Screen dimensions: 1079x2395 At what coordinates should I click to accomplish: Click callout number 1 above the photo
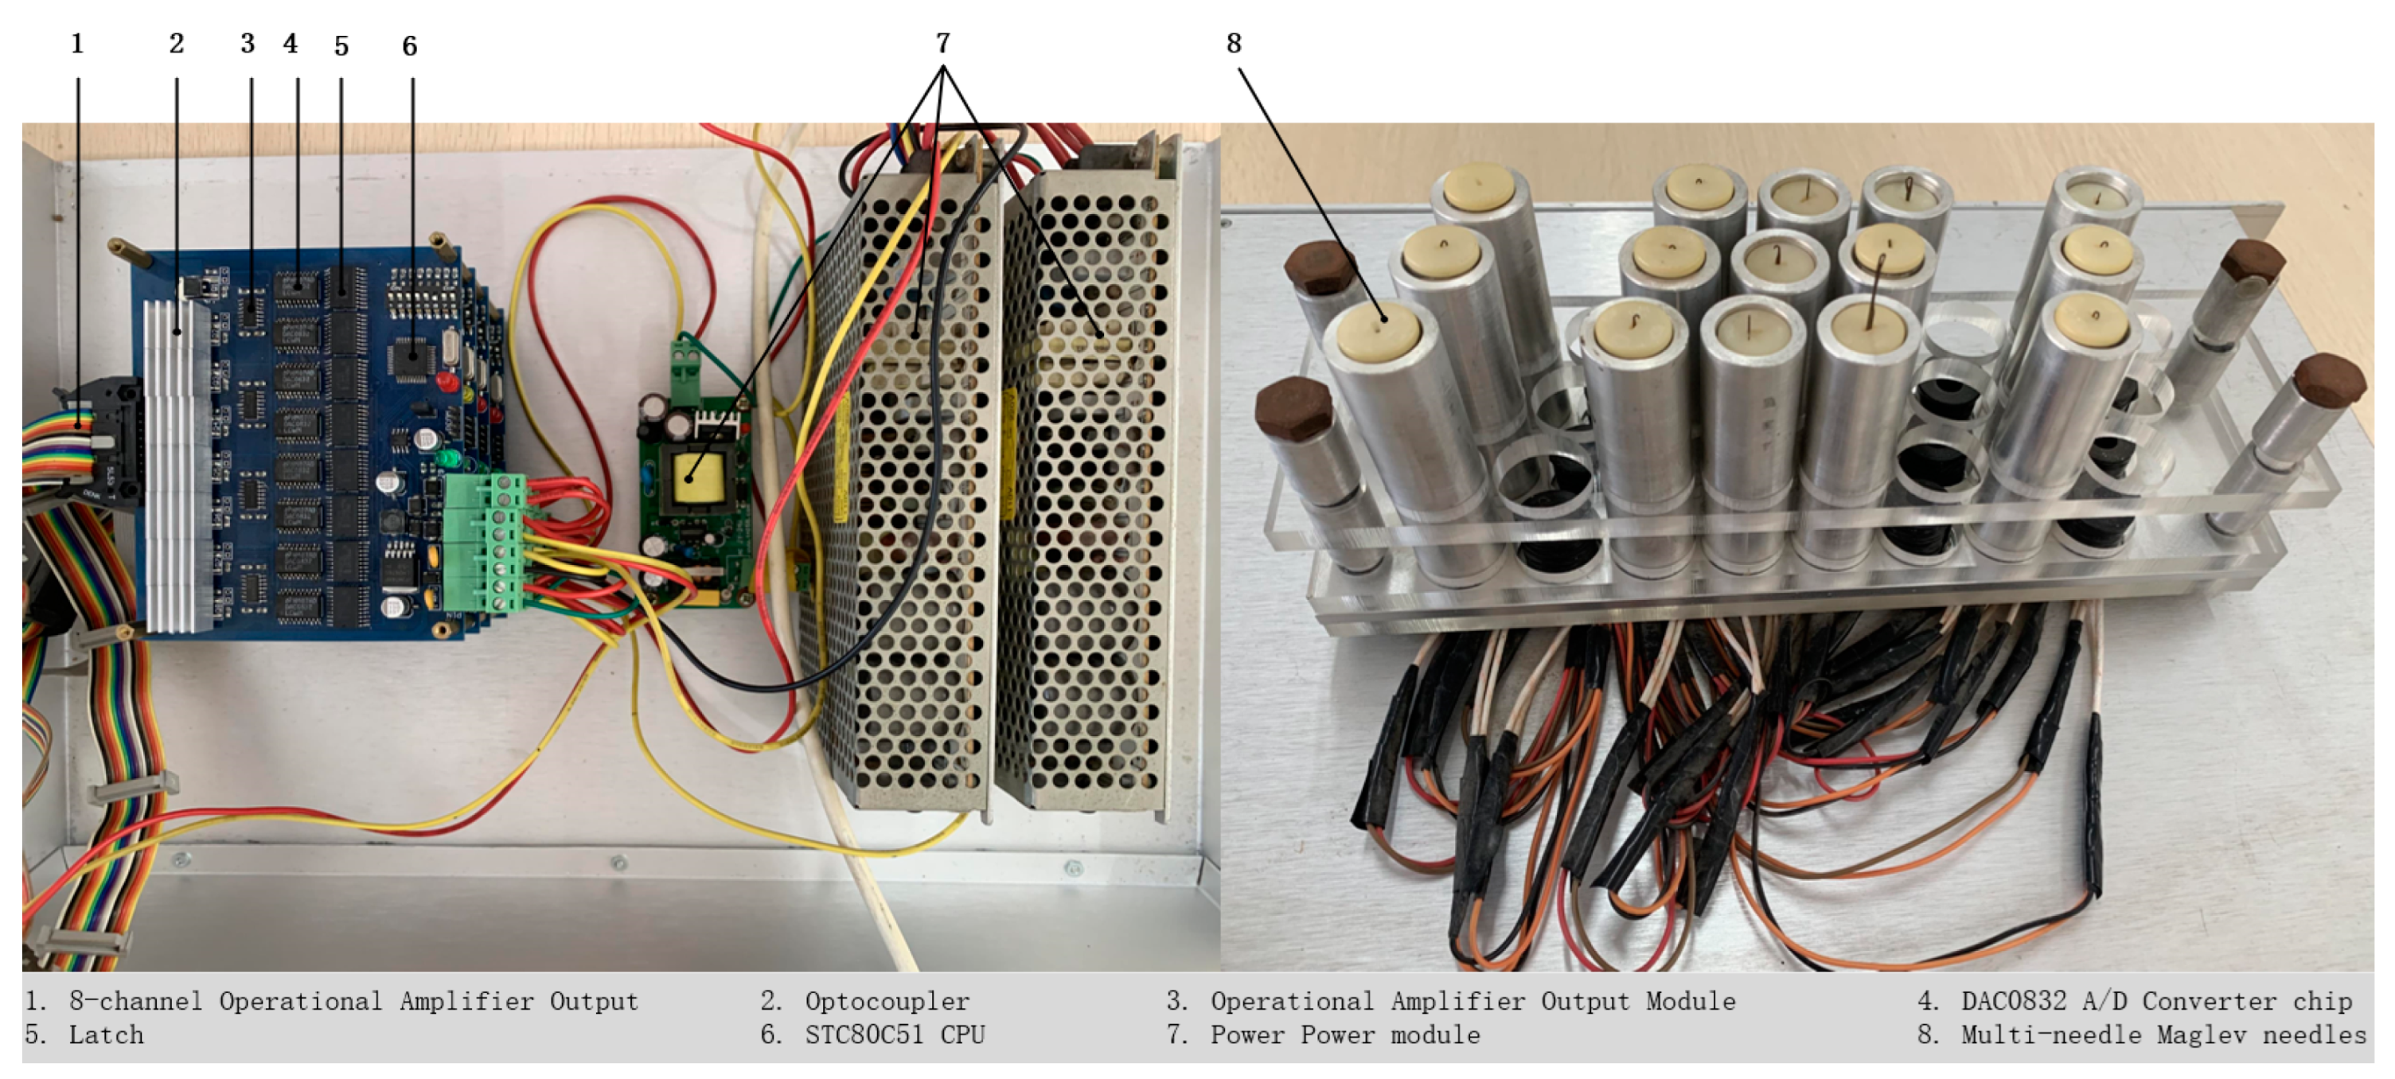coord(77,44)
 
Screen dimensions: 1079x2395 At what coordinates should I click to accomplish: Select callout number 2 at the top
coord(177,44)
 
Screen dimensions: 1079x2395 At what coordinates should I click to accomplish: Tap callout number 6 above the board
coord(409,46)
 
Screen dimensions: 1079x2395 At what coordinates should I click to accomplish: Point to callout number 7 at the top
coord(942,44)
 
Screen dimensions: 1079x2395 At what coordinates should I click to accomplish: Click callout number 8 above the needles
coord(1234,44)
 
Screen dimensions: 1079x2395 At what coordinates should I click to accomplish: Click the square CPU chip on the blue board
coord(411,359)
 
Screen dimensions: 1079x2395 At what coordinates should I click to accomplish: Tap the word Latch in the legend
coord(106,1034)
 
